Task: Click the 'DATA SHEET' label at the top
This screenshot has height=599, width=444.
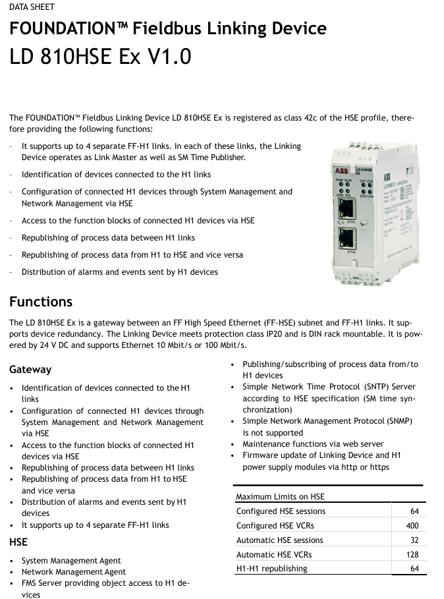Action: click(x=32, y=7)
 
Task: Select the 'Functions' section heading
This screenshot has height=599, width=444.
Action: click(x=41, y=302)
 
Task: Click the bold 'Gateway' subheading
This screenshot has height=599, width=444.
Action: click(x=30, y=370)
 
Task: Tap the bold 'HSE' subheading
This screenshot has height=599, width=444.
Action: click(x=18, y=542)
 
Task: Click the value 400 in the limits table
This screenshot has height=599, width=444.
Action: click(x=412, y=526)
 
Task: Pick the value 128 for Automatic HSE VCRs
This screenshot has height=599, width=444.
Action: click(x=412, y=555)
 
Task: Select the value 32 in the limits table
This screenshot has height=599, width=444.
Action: click(x=414, y=540)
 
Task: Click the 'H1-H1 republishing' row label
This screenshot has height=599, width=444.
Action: click(x=271, y=569)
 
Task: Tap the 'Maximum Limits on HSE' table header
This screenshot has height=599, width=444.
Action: click(x=280, y=497)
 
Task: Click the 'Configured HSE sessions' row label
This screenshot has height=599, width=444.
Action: click(x=281, y=511)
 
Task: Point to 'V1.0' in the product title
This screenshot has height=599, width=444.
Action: click(x=169, y=57)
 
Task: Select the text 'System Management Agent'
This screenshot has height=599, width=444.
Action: click(x=71, y=561)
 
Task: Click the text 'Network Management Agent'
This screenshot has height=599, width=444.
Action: click(x=73, y=572)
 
